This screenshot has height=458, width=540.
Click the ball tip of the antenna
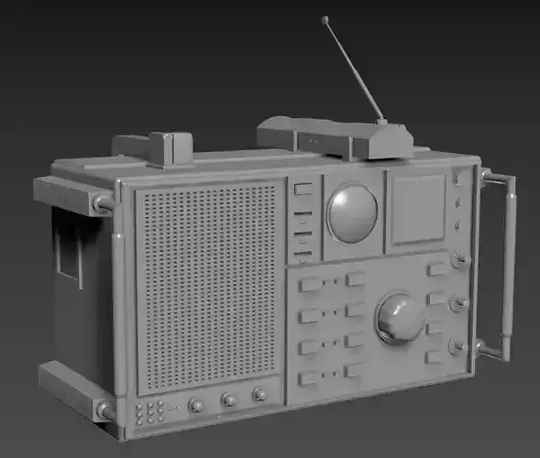(325, 18)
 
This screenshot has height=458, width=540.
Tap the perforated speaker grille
(208, 284)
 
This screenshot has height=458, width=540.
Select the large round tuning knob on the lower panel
(400, 317)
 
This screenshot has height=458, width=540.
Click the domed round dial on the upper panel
(352, 213)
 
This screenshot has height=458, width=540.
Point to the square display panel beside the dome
(417, 209)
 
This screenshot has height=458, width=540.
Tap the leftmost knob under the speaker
(196, 405)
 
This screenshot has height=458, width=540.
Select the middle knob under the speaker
(228, 399)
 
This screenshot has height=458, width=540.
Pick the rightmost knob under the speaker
(259, 394)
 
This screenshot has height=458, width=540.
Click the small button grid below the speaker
(149, 411)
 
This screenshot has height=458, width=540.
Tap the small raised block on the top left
(170, 148)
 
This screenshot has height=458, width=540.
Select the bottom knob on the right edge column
(456, 347)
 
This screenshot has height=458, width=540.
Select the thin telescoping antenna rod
(353, 69)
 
